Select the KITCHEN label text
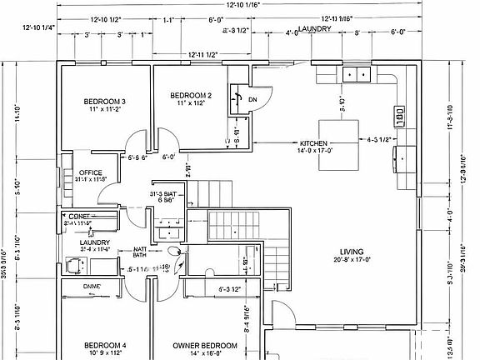pyautogui.click(x=313, y=142)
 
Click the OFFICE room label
pyautogui.click(x=90, y=172)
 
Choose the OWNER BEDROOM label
pyautogui.click(x=205, y=345)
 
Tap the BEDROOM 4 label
pyautogui.click(x=105, y=345)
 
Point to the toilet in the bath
pyautogui.click(x=172, y=250)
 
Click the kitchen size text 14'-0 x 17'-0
pyautogui.click(x=312, y=151)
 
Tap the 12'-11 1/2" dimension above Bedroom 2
pyautogui.click(x=202, y=54)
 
